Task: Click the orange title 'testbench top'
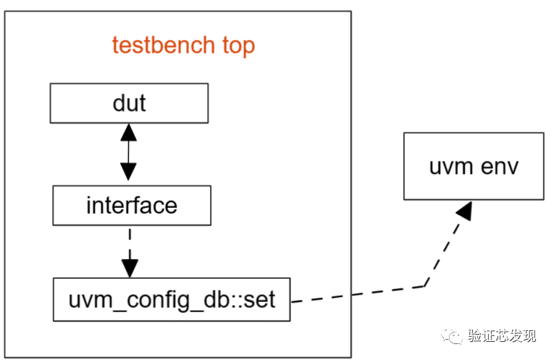click(x=183, y=46)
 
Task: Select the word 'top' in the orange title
click(x=238, y=46)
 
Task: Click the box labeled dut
click(x=129, y=103)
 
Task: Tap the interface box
click(x=131, y=205)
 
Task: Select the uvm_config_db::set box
click(x=171, y=299)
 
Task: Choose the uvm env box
click(x=474, y=166)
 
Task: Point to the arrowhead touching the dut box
click(x=128, y=132)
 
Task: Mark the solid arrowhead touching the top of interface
click(x=128, y=174)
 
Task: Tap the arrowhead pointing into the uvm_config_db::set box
click(x=130, y=268)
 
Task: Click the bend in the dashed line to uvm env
click(x=424, y=286)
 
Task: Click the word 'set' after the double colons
click(x=259, y=299)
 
